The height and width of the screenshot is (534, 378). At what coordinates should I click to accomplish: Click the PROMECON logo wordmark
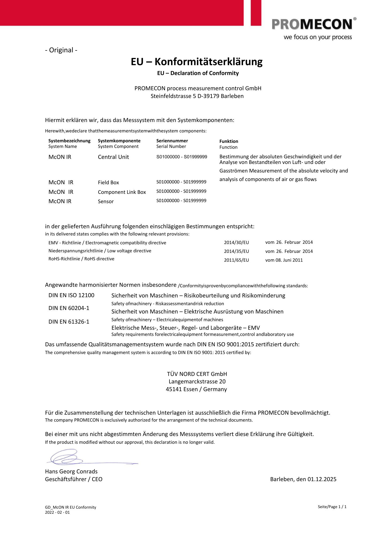pyautogui.click(x=312, y=25)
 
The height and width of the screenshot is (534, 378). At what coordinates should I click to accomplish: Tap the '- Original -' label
pyautogui.click(x=61, y=50)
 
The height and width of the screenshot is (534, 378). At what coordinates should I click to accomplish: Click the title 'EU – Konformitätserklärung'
pyautogui.click(x=196, y=62)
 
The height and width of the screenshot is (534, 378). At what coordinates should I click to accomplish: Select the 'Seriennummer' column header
pyautogui.click(x=172, y=141)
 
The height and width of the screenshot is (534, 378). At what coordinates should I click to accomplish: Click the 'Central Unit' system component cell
pyautogui.click(x=113, y=157)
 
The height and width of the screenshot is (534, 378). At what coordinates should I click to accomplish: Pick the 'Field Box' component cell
pyautogui.click(x=108, y=182)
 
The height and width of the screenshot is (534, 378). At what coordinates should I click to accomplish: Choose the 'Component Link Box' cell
pyautogui.click(x=122, y=192)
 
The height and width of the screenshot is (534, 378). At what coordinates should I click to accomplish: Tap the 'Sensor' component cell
pyautogui.click(x=106, y=202)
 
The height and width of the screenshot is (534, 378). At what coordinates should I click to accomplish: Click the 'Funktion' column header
pyautogui.click(x=229, y=141)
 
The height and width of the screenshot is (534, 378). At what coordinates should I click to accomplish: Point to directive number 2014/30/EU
pyautogui.click(x=236, y=242)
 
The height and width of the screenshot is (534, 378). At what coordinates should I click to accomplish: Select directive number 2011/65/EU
pyautogui.click(x=236, y=260)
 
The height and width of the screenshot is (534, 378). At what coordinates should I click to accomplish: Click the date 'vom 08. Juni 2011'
pyautogui.click(x=284, y=260)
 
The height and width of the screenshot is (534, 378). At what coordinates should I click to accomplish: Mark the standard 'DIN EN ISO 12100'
pyautogui.click(x=71, y=295)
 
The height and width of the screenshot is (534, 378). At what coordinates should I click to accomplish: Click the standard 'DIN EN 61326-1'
pyautogui.click(x=69, y=322)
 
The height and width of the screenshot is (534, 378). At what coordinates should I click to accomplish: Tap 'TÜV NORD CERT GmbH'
pyautogui.click(x=197, y=374)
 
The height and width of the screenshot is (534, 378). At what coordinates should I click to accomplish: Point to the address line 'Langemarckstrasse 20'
pyautogui.click(x=197, y=382)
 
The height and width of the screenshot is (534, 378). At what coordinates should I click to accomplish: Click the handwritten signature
pyautogui.click(x=67, y=457)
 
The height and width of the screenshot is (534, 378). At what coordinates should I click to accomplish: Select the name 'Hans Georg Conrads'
pyautogui.click(x=71, y=472)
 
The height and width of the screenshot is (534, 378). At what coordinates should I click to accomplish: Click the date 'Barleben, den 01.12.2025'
pyautogui.click(x=303, y=479)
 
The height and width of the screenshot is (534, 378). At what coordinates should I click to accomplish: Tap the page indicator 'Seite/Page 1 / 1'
pyautogui.click(x=332, y=507)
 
